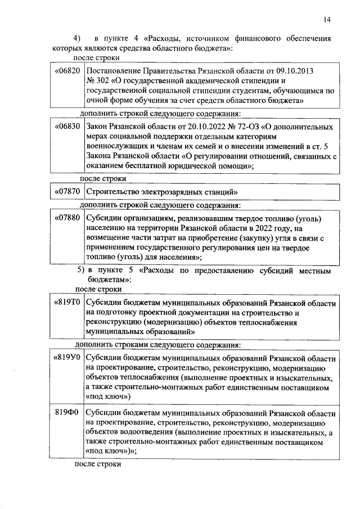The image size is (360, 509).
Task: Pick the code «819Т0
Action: click(x=67, y=303)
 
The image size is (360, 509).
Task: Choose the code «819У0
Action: click(x=67, y=358)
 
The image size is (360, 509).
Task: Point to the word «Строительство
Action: click(x=115, y=191)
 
